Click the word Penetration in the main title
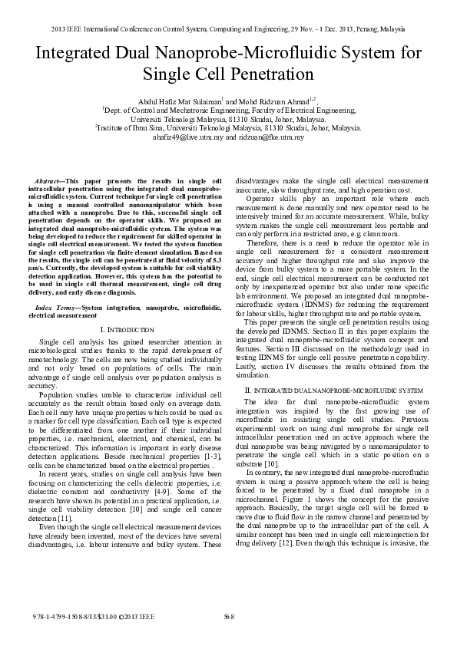(x=263, y=74)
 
